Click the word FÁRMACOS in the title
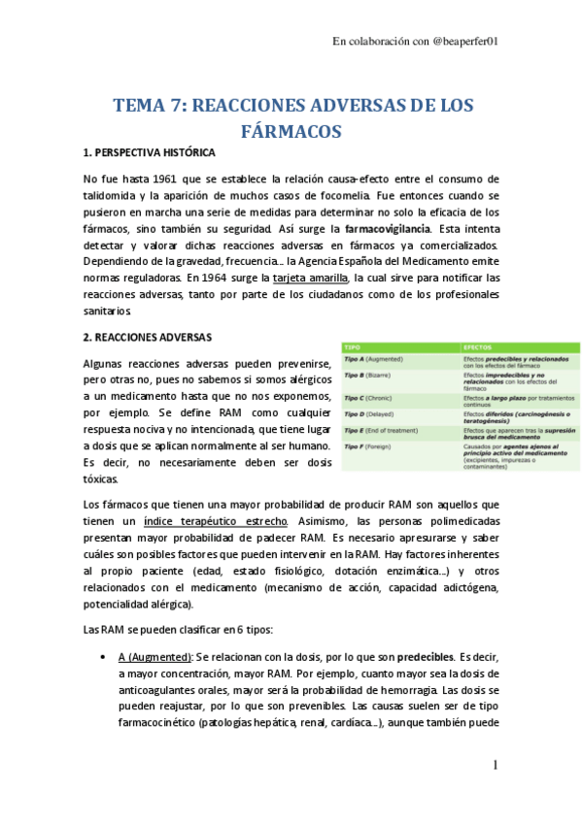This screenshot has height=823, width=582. [x=291, y=129]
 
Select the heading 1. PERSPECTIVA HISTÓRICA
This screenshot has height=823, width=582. [x=150, y=153]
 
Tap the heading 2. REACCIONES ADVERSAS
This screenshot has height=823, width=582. [x=147, y=338]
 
